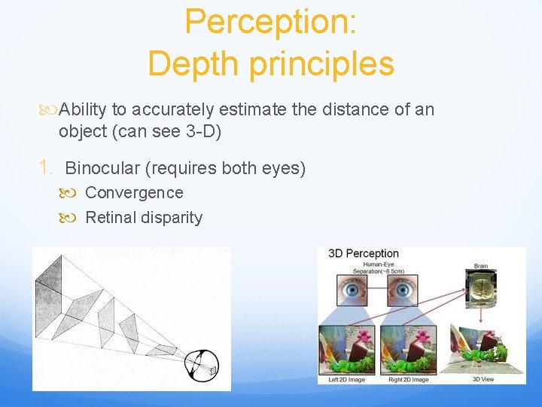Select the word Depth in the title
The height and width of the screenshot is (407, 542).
[x=195, y=63]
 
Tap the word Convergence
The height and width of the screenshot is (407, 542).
[x=134, y=193]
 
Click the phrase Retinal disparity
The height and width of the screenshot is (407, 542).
[x=144, y=218]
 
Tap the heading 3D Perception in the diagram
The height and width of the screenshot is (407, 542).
[x=364, y=254]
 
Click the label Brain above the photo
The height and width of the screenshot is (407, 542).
[x=481, y=266]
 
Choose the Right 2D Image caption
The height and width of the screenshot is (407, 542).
[x=410, y=379]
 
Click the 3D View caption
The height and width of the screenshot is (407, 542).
[x=483, y=379]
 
